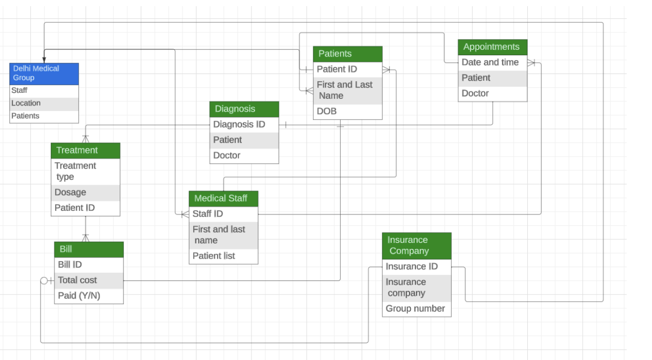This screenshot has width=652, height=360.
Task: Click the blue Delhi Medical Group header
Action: [44, 74]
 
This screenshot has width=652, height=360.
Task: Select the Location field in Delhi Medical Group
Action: [44, 103]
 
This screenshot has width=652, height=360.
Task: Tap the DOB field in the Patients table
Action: [347, 112]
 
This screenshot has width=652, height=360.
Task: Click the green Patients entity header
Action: [347, 54]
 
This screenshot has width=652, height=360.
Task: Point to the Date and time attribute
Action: [492, 62]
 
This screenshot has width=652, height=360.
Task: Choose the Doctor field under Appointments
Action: [492, 94]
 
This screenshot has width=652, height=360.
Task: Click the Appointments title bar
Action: [492, 47]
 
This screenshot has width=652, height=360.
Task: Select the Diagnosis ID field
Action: [244, 124]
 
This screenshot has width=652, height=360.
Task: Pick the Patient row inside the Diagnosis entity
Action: [244, 140]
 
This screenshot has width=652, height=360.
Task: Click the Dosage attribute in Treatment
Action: [85, 193]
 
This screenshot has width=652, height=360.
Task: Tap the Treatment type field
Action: [85, 171]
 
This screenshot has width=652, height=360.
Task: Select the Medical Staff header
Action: [223, 198]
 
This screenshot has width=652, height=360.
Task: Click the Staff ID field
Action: [223, 214]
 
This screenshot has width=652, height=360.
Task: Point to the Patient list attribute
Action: [223, 256]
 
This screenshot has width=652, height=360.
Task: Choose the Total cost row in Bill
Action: [89, 280]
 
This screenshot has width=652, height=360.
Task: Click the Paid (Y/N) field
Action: [89, 296]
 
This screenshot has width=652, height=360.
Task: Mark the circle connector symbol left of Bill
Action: [44, 281]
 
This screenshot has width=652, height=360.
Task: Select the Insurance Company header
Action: [416, 245]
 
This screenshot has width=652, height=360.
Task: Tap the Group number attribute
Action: [416, 309]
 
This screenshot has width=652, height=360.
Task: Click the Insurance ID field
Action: [416, 267]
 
